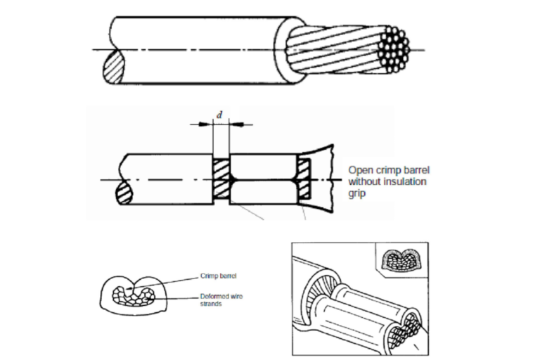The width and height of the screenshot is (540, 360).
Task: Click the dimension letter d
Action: click(x=219, y=115)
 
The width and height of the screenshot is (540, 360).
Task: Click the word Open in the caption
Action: click(x=360, y=170)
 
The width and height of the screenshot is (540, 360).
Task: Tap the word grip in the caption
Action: click(x=356, y=193)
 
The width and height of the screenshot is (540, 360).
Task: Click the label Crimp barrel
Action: click(x=219, y=276)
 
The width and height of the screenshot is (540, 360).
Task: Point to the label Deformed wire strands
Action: click(x=221, y=300)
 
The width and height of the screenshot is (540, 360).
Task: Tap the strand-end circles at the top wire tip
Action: click(x=394, y=49)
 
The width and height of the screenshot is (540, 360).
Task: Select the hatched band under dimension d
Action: click(x=221, y=179)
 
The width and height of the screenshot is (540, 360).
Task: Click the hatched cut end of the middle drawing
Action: click(x=124, y=193)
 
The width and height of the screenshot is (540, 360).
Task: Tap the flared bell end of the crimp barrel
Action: click(x=321, y=179)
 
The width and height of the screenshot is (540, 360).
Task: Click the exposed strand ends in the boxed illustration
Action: click(x=406, y=330)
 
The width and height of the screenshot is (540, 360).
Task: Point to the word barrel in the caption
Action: click(x=416, y=170)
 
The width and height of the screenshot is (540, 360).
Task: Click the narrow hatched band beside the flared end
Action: click(x=304, y=179)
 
